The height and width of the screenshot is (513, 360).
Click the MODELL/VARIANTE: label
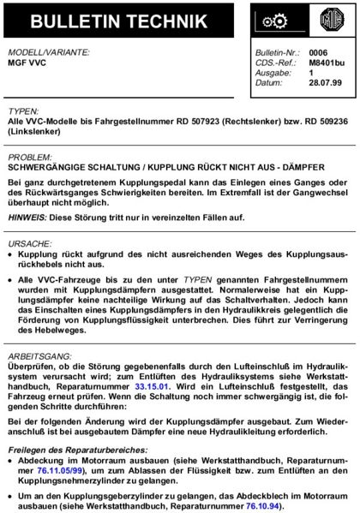[48, 52]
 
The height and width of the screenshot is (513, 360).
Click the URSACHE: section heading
[30, 242]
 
